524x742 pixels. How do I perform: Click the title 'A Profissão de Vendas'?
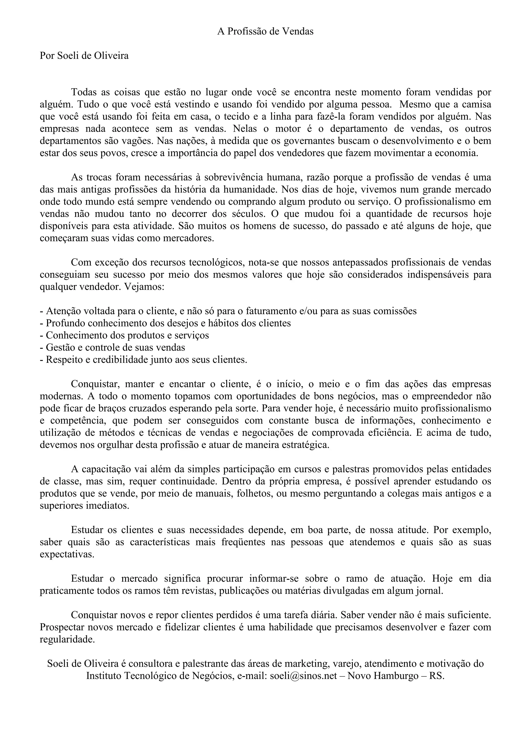click(x=265, y=31)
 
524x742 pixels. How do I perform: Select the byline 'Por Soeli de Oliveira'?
click(x=84, y=56)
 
